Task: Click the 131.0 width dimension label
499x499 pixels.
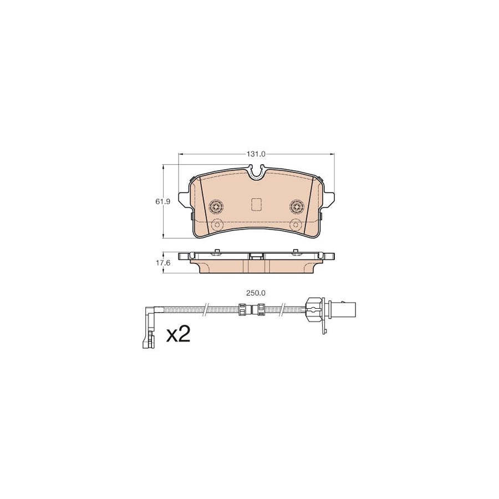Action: click(256, 154)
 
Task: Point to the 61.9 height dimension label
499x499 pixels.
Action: click(162, 202)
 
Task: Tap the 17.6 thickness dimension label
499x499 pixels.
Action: click(162, 263)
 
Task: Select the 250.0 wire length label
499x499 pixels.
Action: click(256, 293)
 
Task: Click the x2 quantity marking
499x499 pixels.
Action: click(178, 334)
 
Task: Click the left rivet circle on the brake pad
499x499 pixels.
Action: click(216, 207)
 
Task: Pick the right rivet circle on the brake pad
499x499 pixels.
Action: click(297, 207)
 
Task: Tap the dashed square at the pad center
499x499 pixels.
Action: click(257, 205)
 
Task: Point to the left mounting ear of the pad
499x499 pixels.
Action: click(184, 199)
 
